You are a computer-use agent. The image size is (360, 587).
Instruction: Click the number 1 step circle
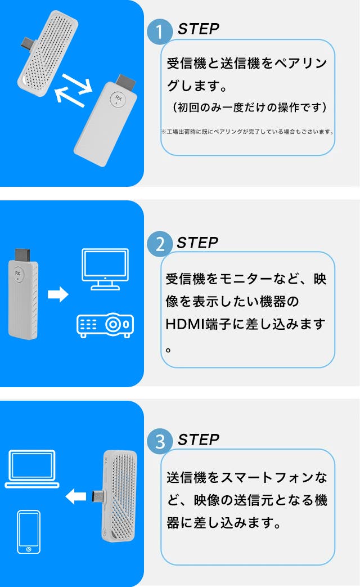click(x=160, y=32)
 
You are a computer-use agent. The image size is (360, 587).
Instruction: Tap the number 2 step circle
click(x=160, y=244)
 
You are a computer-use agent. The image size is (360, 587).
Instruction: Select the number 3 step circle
click(x=160, y=441)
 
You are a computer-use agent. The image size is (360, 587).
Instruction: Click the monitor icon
click(x=105, y=269)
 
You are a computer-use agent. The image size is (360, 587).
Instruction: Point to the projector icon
click(x=105, y=325)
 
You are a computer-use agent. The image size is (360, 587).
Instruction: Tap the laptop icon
click(x=32, y=469)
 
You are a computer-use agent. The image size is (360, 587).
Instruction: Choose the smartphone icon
click(x=29, y=532)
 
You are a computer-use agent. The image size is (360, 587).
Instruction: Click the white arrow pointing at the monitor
click(x=58, y=294)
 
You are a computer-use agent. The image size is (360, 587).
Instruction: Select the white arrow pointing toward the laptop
click(x=76, y=496)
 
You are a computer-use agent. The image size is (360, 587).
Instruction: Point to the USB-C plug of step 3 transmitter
click(x=97, y=497)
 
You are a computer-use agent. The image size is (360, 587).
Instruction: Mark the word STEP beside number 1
click(x=199, y=29)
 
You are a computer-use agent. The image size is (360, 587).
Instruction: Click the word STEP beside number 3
click(x=199, y=440)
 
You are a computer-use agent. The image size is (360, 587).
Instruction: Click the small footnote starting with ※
click(x=247, y=132)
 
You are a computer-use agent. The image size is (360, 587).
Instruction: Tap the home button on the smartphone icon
click(x=29, y=549)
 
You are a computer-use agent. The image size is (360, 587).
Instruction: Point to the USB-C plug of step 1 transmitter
click(x=29, y=42)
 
